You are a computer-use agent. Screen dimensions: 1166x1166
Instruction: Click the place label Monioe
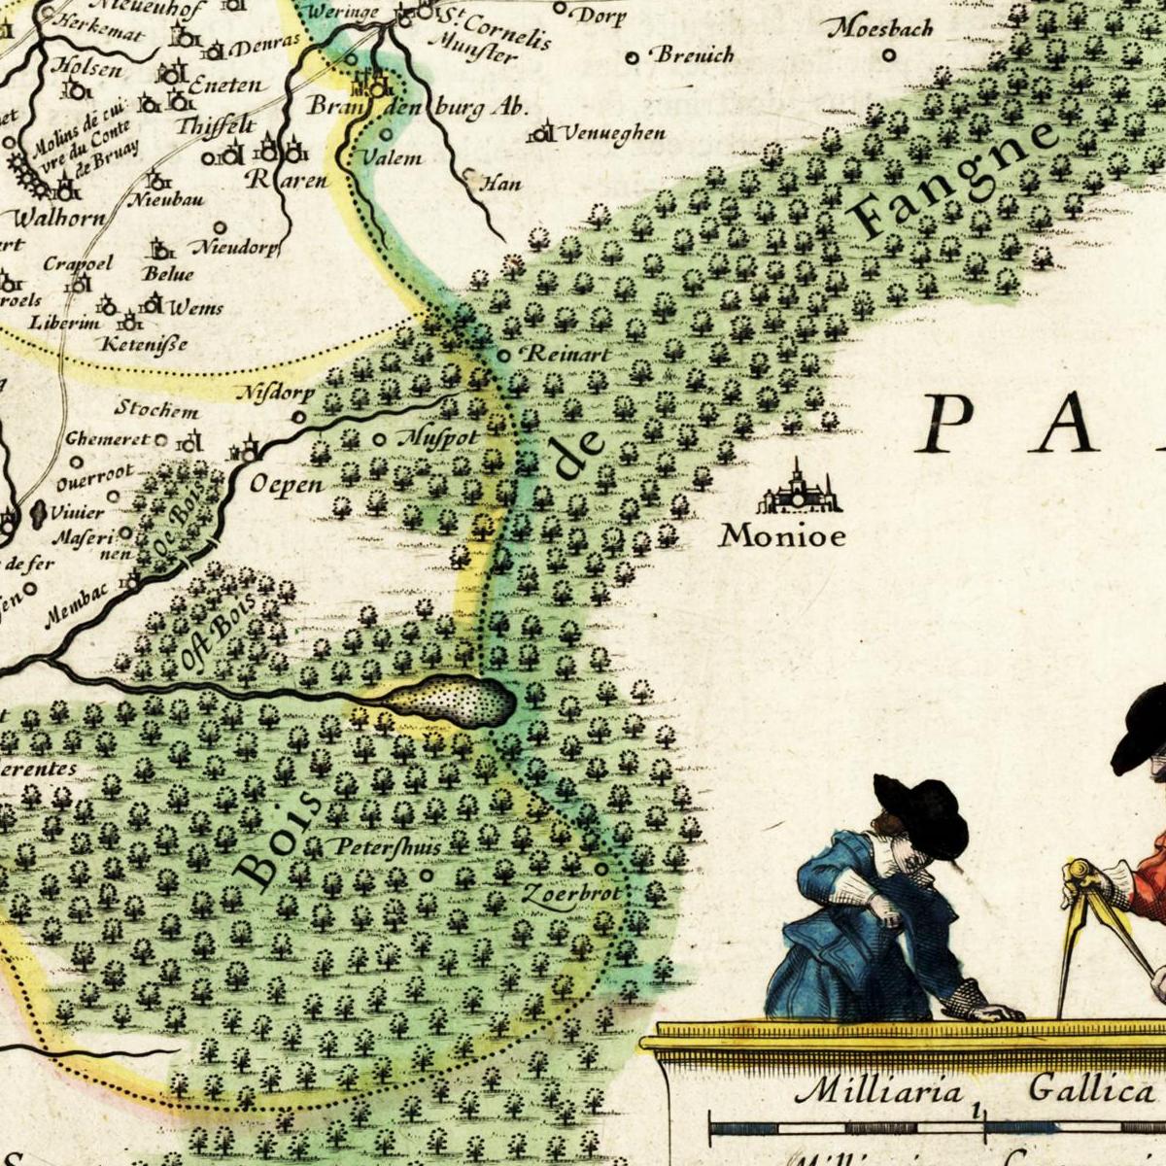(x=782, y=535)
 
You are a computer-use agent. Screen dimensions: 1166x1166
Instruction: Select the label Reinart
(x=568, y=355)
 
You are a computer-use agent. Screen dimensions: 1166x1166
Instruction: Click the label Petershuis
(x=388, y=846)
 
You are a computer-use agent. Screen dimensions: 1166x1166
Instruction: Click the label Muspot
(x=438, y=438)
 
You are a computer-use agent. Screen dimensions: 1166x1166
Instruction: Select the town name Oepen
(x=287, y=483)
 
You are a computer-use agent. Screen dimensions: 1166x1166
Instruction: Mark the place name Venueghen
(x=611, y=133)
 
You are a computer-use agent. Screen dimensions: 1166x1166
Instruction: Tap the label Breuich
(x=695, y=54)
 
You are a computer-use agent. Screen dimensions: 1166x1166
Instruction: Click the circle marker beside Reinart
(x=503, y=356)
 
